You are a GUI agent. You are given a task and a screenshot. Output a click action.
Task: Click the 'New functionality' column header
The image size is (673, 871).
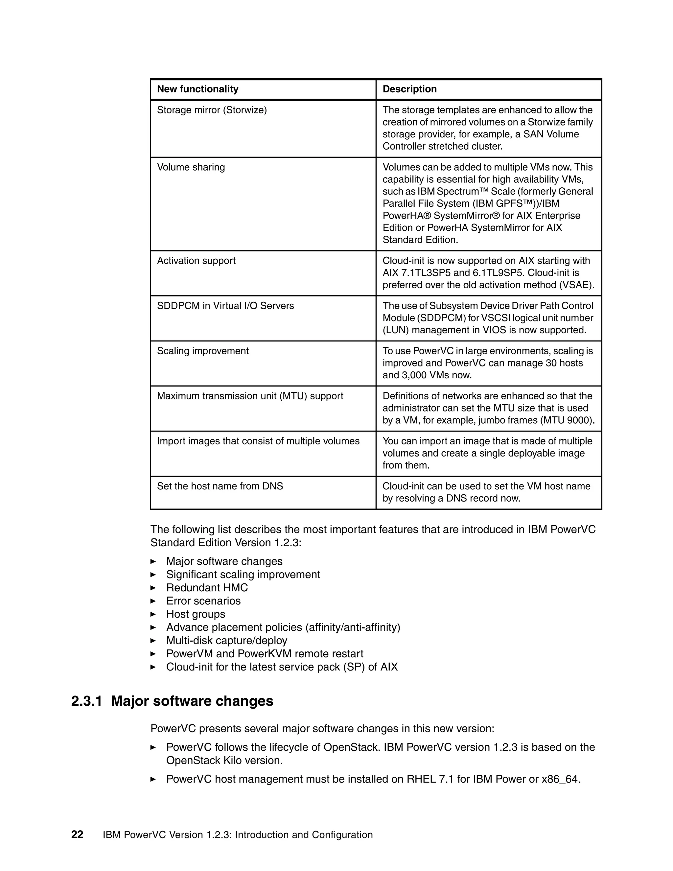pyautogui.click(x=197, y=89)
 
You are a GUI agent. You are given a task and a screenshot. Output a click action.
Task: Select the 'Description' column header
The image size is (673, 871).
pyautogui.click(x=409, y=89)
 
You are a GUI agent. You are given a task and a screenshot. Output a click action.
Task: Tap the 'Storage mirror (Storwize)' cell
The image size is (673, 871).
pyautogui.click(x=212, y=110)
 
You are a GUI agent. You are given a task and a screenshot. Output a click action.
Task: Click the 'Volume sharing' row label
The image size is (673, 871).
pyautogui.click(x=191, y=167)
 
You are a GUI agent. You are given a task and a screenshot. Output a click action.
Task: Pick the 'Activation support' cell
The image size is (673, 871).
pyautogui.click(x=196, y=261)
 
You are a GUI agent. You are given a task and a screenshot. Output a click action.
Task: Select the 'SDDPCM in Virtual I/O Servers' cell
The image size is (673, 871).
pyautogui.click(x=225, y=306)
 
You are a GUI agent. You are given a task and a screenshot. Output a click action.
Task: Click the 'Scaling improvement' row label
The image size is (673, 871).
pyautogui.click(x=202, y=351)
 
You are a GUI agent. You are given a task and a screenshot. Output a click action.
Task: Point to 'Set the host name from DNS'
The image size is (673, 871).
pyautogui.click(x=220, y=486)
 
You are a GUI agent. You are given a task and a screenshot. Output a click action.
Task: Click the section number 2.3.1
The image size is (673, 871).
pyautogui.click(x=86, y=701)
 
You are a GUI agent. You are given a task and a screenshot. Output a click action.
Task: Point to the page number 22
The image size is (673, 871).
pyautogui.click(x=77, y=835)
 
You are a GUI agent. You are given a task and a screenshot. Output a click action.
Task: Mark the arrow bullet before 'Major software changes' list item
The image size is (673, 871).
pyautogui.click(x=153, y=561)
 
